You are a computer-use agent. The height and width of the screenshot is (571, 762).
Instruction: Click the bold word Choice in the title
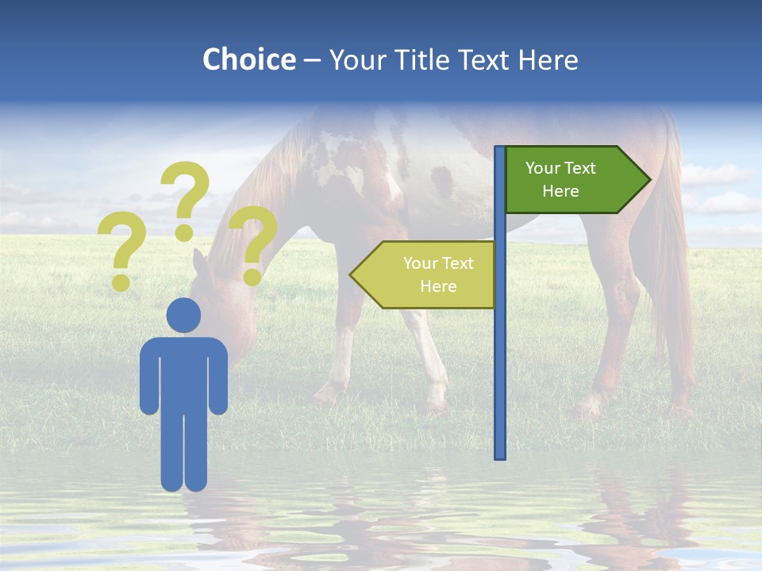[248, 59]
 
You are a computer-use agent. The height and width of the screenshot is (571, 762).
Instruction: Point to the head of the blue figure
[183, 315]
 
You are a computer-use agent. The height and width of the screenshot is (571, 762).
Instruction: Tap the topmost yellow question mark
[186, 198]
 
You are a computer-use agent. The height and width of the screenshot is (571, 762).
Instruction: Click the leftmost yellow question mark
[121, 252]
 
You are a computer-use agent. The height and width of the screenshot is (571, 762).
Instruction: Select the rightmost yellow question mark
[253, 242]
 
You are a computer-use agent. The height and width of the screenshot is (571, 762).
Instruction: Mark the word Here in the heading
[548, 59]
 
